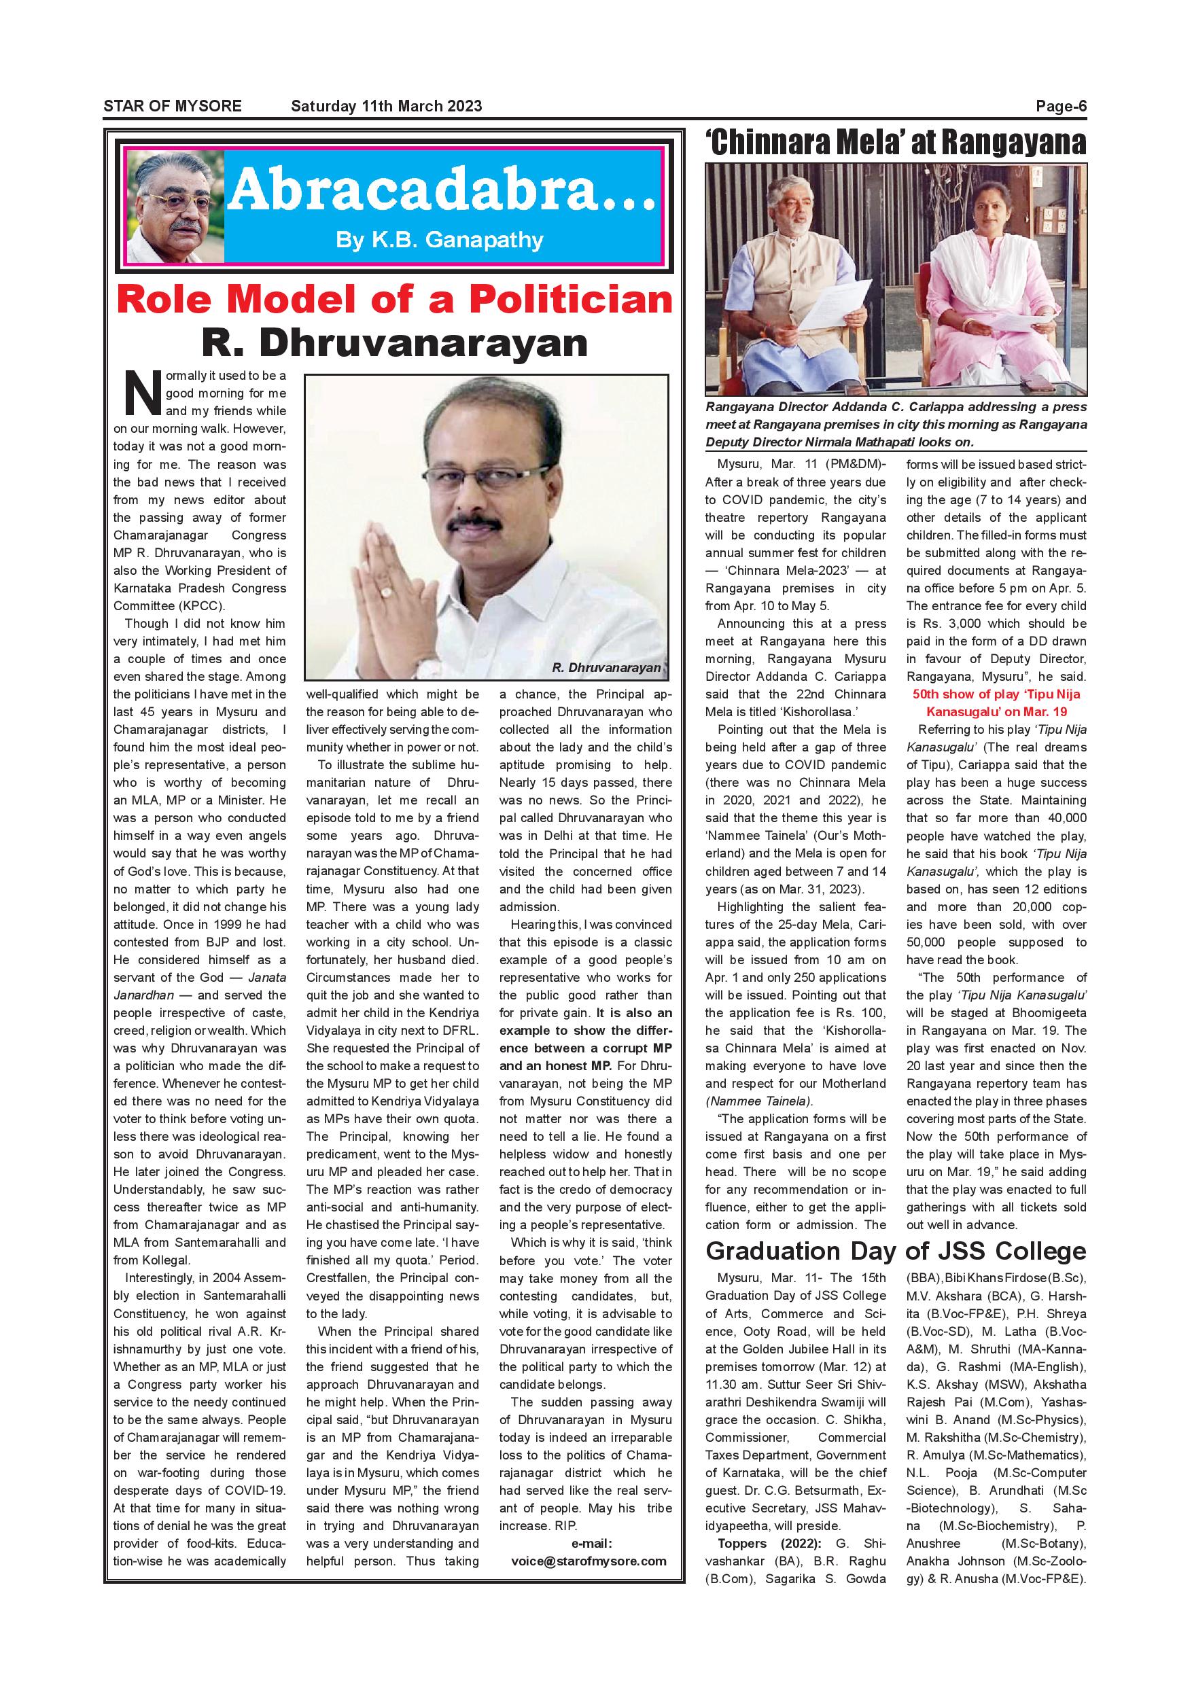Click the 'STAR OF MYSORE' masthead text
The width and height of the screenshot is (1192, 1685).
click(x=173, y=106)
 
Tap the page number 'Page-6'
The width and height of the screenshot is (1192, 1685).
click(x=1061, y=106)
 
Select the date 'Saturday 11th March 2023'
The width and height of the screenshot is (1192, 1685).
click(x=386, y=106)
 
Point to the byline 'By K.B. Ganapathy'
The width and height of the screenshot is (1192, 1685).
click(x=440, y=240)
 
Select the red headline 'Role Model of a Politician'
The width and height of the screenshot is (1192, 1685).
click(x=394, y=300)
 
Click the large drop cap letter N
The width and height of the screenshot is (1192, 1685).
click(x=143, y=393)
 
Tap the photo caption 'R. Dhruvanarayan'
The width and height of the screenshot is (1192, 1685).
click(x=606, y=668)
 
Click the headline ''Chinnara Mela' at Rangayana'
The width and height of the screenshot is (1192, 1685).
click(x=896, y=143)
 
